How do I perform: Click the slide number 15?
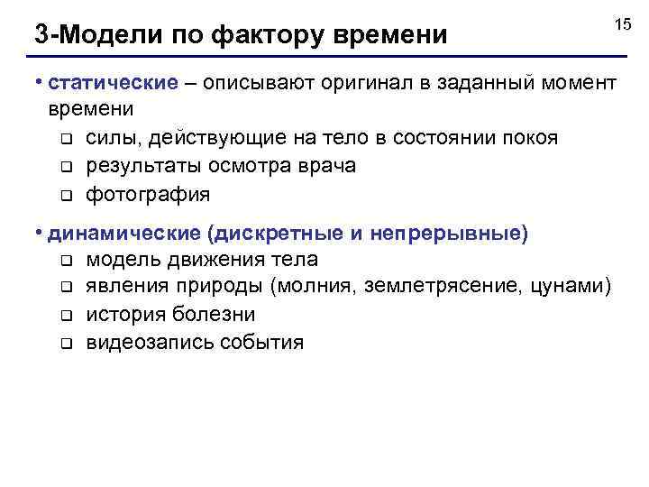(x=622, y=25)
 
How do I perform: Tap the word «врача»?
(x=330, y=166)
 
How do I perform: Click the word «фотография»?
(x=149, y=194)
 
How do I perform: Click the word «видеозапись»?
(x=150, y=343)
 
